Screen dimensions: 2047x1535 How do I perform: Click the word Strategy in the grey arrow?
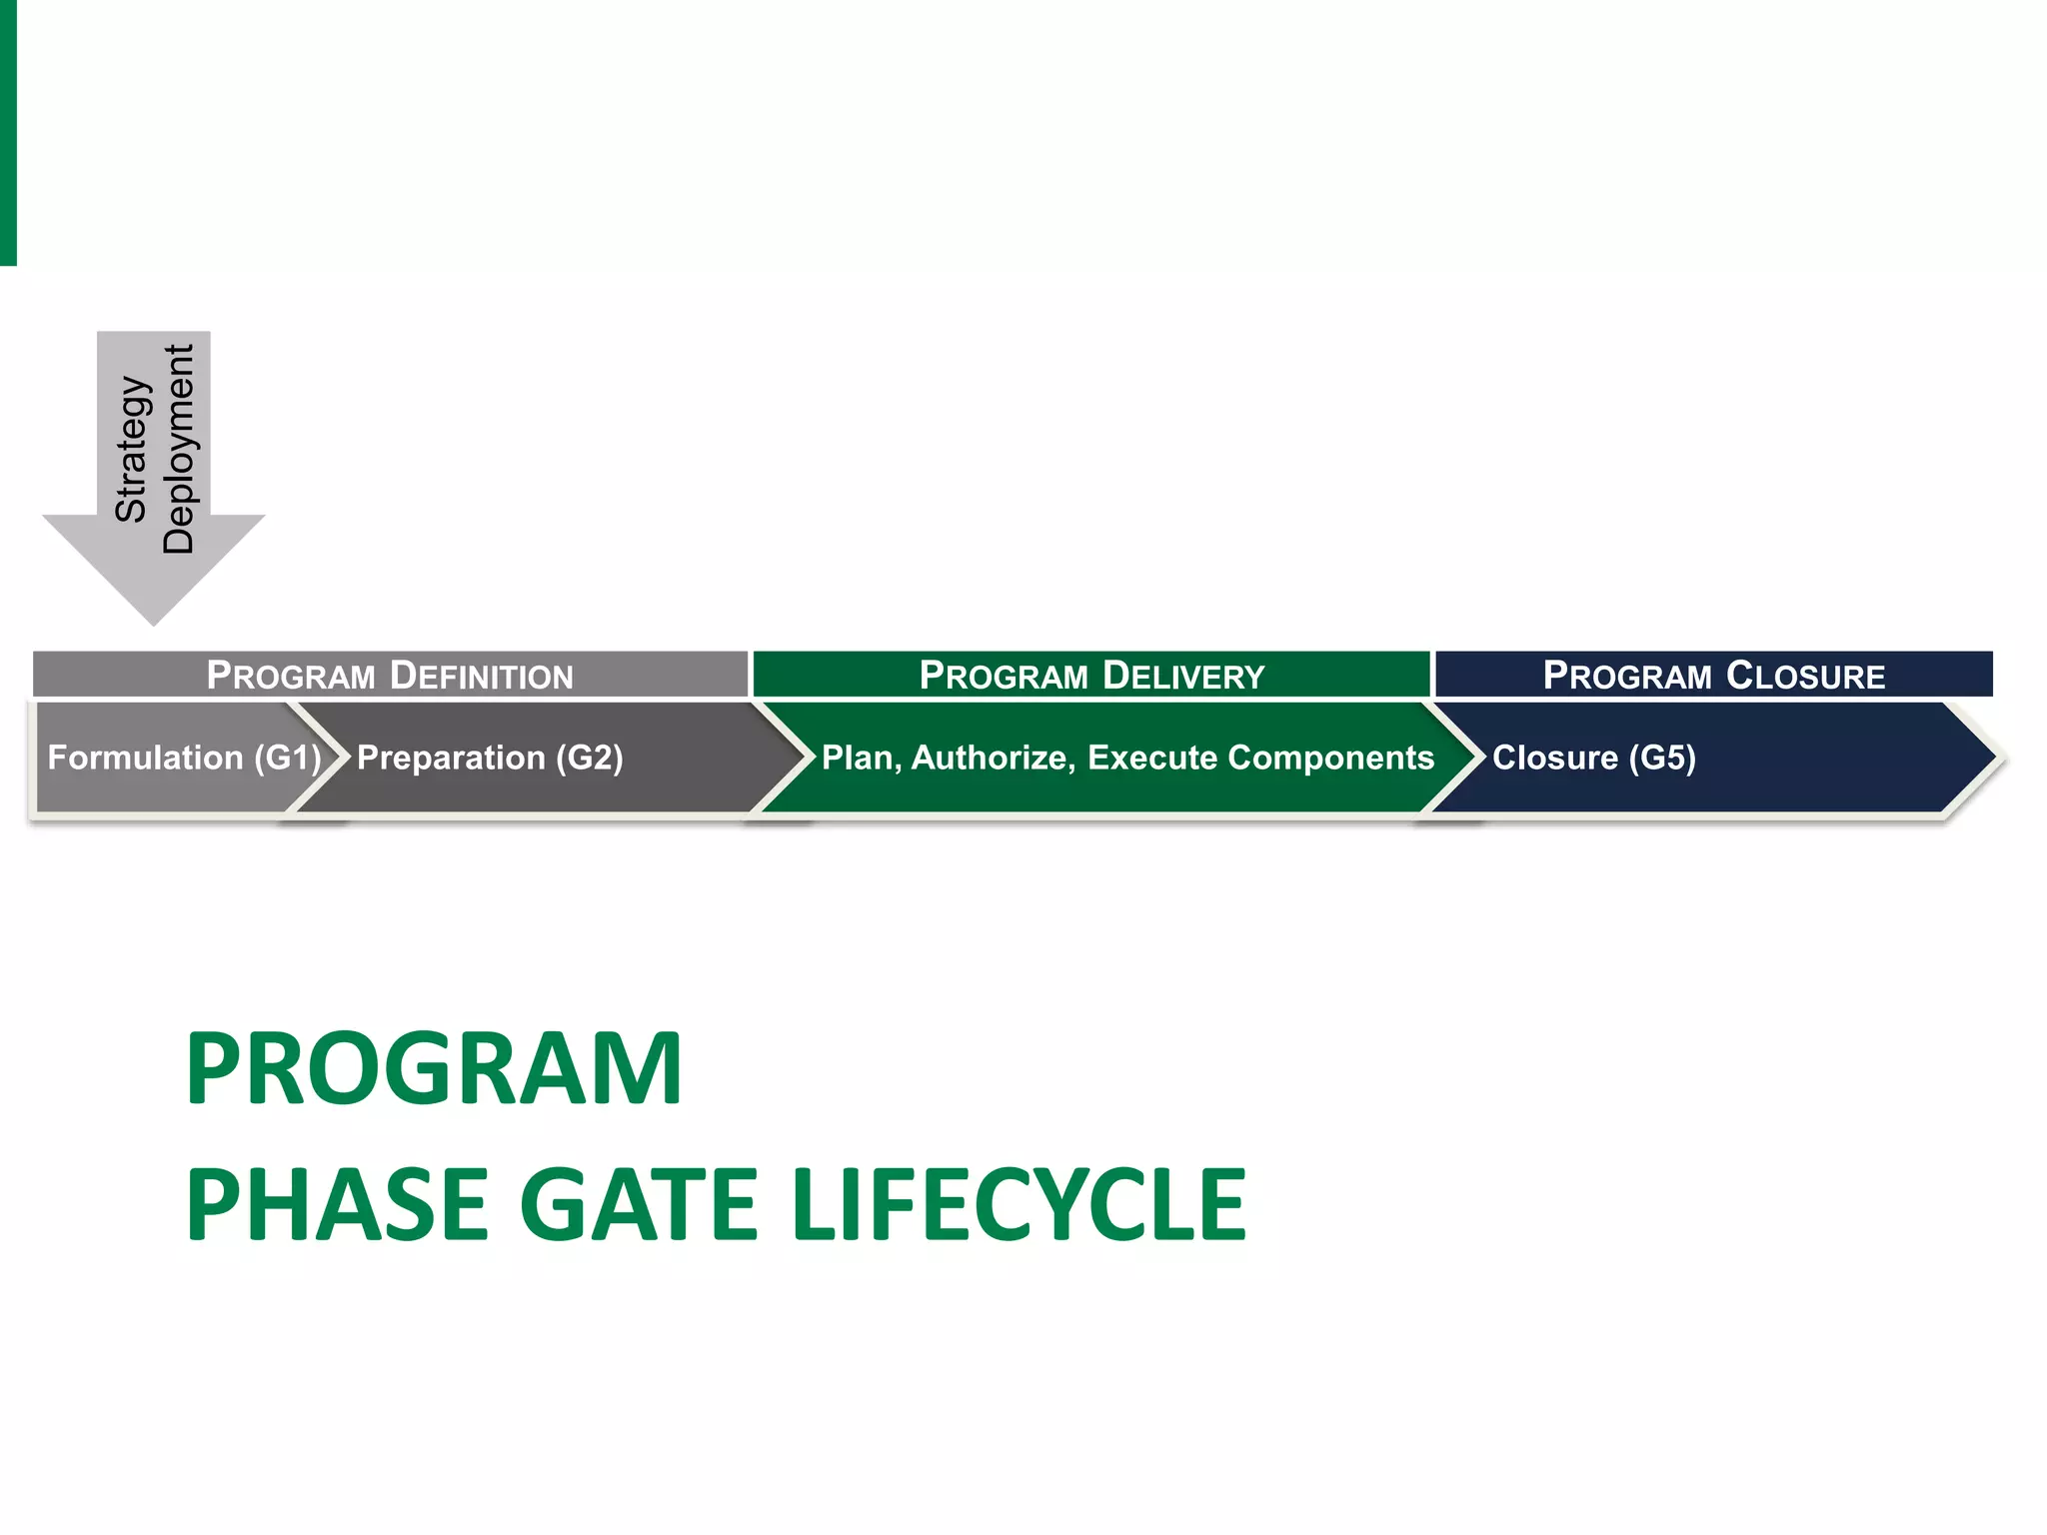[x=132, y=449]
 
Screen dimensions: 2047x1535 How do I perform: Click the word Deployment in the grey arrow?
[x=179, y=449]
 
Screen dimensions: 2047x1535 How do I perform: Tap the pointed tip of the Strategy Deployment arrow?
[x=154, y=621]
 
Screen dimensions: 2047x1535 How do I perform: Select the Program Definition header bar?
[x=390, y=675]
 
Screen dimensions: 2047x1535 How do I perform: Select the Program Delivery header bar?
[x=1091, y=675]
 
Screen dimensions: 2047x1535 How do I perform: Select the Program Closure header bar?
[x=1713, y=675]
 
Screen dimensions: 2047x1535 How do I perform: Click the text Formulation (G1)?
[x=184, y=758]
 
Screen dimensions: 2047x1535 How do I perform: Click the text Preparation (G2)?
[x=490, y=758]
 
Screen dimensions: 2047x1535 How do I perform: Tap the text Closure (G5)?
[x=1593, y=758]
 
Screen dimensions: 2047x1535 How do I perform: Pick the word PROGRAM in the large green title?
[x=434, y=1068]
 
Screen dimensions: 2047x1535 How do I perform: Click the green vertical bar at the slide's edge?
[x=8, y=132]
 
